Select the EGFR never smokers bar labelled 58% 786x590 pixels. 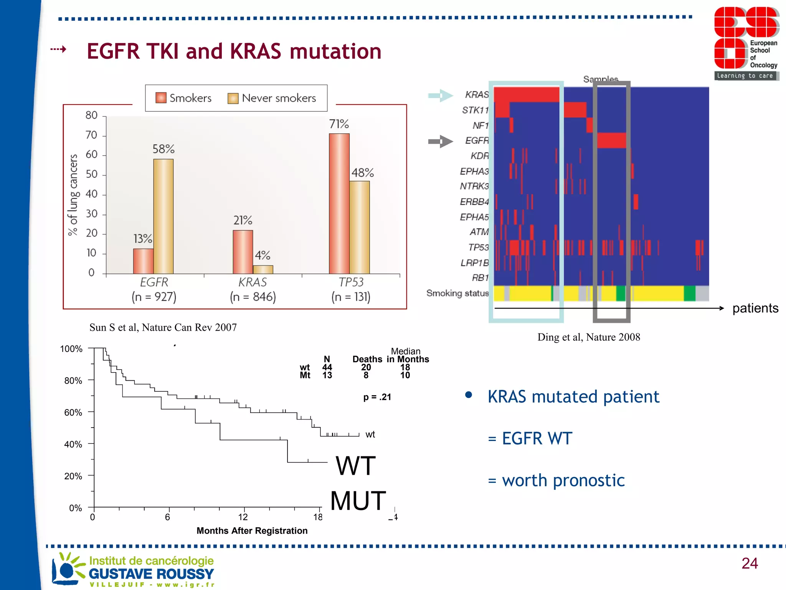tap(163, 216)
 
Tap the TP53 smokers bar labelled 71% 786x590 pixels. tap(339, 204)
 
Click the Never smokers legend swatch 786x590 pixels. tap(233, 99)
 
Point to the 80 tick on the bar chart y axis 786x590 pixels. tap(91, 115)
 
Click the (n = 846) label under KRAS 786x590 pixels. tap(253, 297)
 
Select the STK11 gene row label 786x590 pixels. tap(475, 110)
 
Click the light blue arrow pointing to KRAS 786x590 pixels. tap(441, 95)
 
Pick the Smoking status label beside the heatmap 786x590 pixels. tap(457, 293)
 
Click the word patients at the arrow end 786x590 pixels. tap(755, 308)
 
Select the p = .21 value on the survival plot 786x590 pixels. tap(377, 397)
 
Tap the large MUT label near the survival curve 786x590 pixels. tap(358, 501)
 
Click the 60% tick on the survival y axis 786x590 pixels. tap(73, 413)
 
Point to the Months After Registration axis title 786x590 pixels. tap(252, 530)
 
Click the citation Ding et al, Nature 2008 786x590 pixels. tap(588, 337)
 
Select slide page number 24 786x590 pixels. tap(749, 563)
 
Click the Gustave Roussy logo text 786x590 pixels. tap(151, 573)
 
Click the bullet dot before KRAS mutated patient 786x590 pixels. tap(468, 395)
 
